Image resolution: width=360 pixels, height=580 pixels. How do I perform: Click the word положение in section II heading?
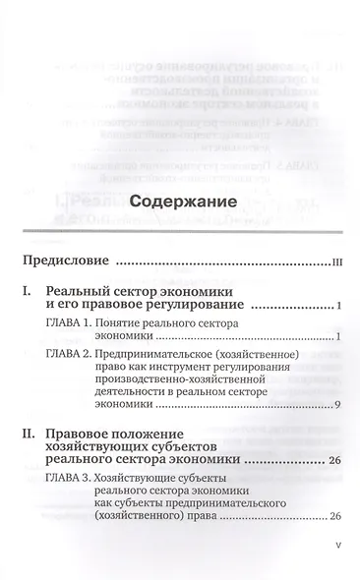click(169, 440)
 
